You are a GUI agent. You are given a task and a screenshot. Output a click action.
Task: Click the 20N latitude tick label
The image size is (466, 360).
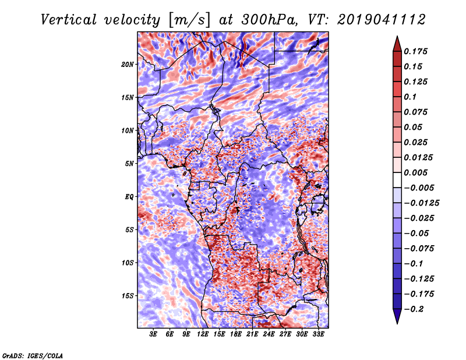(x=128, y=65)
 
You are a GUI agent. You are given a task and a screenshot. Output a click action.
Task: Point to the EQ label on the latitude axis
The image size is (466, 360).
(x=129, y=197)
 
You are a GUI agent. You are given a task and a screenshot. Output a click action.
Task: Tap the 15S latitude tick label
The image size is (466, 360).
(x=128, y=296)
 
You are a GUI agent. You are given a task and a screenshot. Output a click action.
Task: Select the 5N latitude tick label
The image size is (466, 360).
(x=129, y=164)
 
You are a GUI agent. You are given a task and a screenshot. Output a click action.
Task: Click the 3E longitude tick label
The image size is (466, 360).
(x=153, y=334)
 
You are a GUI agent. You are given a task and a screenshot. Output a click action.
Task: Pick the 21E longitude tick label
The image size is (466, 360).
(x=252, y=334)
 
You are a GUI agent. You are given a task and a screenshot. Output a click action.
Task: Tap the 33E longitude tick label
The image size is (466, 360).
(x=318, y=334)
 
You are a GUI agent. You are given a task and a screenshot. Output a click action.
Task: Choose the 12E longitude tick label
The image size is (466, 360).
(x=203, y=334)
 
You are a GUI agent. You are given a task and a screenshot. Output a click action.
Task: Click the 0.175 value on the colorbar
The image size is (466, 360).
(x=416, y=51)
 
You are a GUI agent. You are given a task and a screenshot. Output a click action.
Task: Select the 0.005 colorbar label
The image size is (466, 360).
(x=416, y=172)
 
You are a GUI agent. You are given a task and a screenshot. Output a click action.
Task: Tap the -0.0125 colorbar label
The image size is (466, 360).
(x=422, y=203)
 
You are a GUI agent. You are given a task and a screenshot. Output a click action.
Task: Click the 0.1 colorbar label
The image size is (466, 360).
(x=410, y=97)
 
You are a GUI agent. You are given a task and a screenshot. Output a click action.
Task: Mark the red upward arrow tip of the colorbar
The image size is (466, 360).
(x=397, y=36)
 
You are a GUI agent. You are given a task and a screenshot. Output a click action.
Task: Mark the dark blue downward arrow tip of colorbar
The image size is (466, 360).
(x=397, y=323)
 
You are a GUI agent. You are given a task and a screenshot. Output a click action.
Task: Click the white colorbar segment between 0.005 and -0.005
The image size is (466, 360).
(x=397, y=180)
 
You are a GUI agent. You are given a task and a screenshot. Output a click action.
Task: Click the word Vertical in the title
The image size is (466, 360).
(x=69, y=20)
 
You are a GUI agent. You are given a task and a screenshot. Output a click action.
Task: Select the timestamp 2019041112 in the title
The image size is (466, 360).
(x=382, y=20)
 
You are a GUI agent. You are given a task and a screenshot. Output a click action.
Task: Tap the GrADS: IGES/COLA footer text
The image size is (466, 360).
(x=33, y=355)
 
